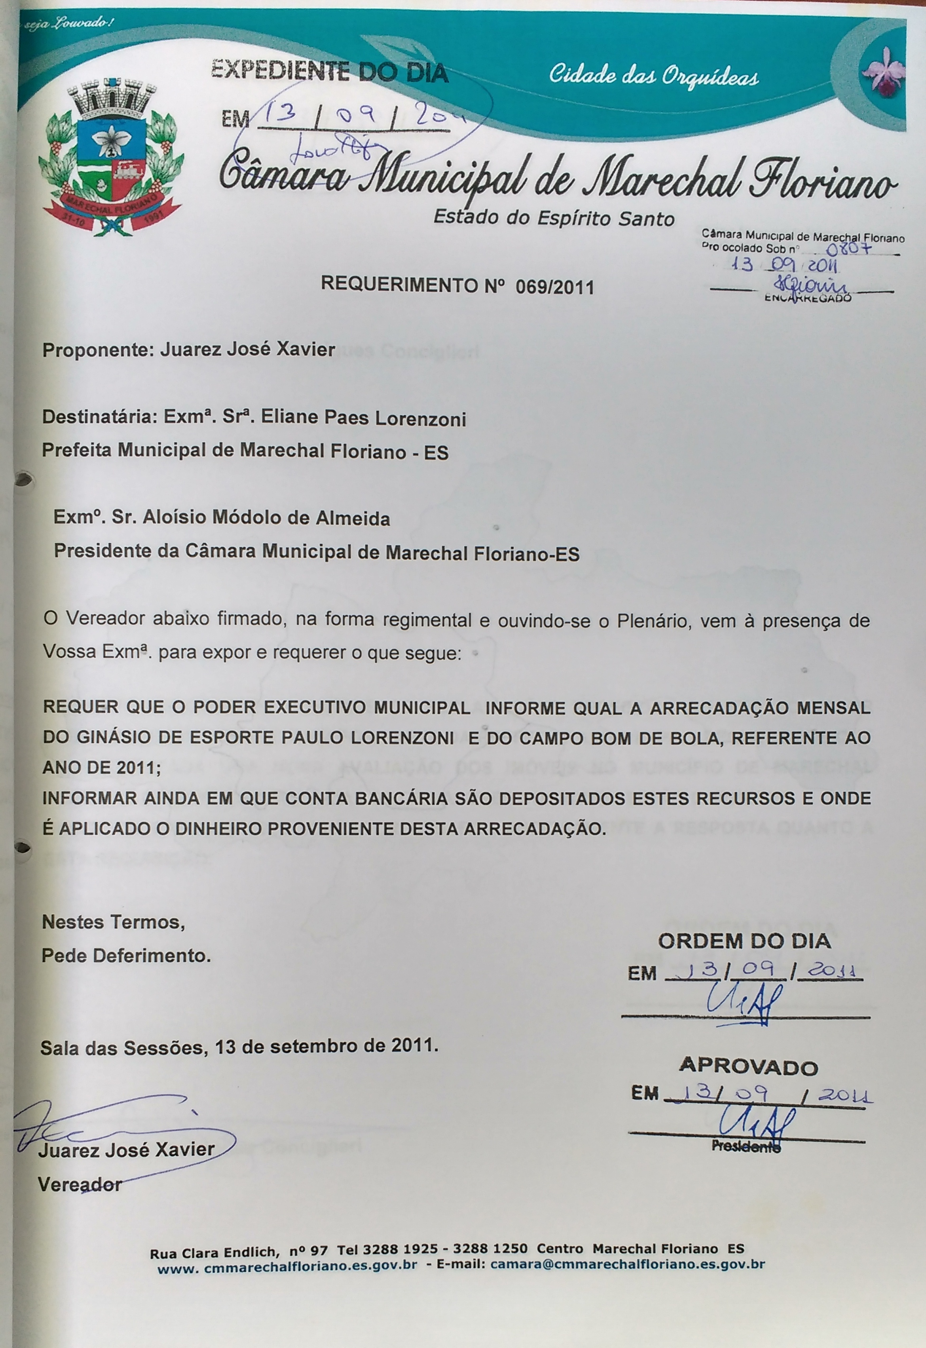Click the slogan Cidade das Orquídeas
[653, 76]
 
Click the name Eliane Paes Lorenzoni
[363, 419]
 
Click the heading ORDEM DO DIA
[744, 940]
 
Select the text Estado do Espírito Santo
[554, 218]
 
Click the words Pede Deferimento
[126, 955]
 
